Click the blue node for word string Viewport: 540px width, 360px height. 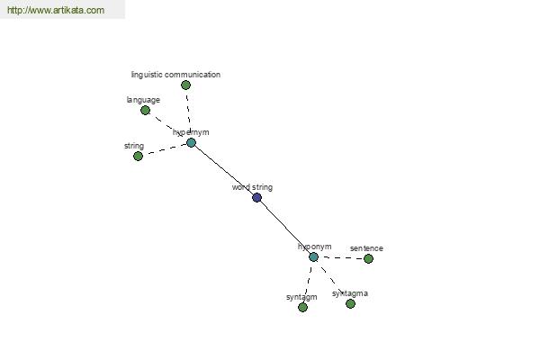coord(256,198)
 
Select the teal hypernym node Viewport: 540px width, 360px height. coord(191,142)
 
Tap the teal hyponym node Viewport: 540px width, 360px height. coord(313,257)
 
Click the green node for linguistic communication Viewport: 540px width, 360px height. coord(185,85)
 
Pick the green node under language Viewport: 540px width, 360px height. coord(145,111)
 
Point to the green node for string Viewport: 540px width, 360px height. coord(138,157)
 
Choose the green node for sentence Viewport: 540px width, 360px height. coord(368,258)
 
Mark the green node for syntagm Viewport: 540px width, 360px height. coord(302,307)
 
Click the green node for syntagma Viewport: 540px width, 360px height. coord(351,304)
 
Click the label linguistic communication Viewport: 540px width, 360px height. coord(175,75)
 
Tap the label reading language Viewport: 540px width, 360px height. coord(143,100)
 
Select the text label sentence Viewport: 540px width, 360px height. coord(366,248)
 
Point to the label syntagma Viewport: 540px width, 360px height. coord(350,293)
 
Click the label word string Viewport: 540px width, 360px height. coord(252,187)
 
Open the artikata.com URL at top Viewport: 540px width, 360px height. coord(56,10)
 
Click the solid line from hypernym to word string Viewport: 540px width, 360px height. coord(224,170)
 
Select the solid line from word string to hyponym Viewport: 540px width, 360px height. coord(285,228)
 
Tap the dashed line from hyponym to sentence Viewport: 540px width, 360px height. coord(341,257)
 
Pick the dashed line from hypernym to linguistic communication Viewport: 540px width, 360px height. coord(188,113)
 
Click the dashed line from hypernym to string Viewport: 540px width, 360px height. coord(165,149)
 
